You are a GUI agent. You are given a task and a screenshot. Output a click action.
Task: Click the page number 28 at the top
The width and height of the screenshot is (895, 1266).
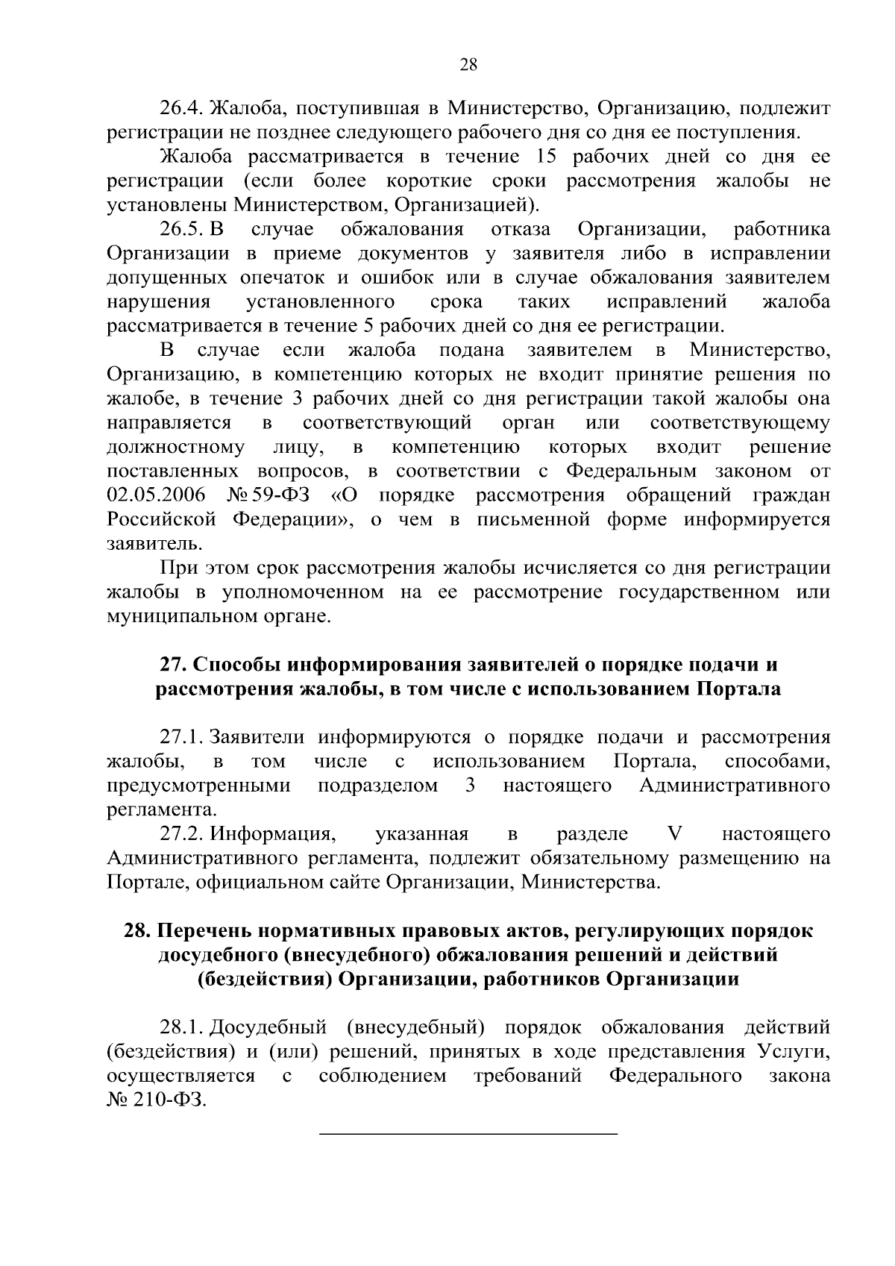tap(468, 64)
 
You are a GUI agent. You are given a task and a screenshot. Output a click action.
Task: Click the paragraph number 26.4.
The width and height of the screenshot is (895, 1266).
tap(182, 109)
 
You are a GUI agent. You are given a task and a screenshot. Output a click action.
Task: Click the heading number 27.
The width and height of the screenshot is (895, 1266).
tap(173, 664)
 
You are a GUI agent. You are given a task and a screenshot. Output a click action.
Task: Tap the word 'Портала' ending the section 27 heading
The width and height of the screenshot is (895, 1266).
tap(738, 689)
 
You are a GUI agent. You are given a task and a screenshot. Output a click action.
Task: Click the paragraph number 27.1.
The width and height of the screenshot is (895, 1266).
tap(182, 737)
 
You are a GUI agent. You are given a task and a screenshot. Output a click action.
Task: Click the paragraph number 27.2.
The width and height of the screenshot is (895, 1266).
tap(182, 833)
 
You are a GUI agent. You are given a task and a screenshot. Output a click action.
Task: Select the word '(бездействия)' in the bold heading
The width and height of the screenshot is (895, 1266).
tap(263, 979)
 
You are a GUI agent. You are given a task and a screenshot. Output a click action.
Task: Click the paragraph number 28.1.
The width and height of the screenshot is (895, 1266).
tap(182, 1027)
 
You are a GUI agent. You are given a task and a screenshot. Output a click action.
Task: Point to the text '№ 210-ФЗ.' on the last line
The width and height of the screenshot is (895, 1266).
tap(156, 1100)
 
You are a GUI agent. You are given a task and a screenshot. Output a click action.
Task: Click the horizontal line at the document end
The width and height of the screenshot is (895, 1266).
tap(468, 1135)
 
